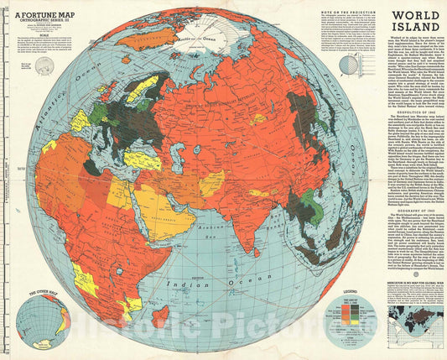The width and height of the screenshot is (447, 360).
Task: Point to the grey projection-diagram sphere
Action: pyautogui.click(x=350, y=65)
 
